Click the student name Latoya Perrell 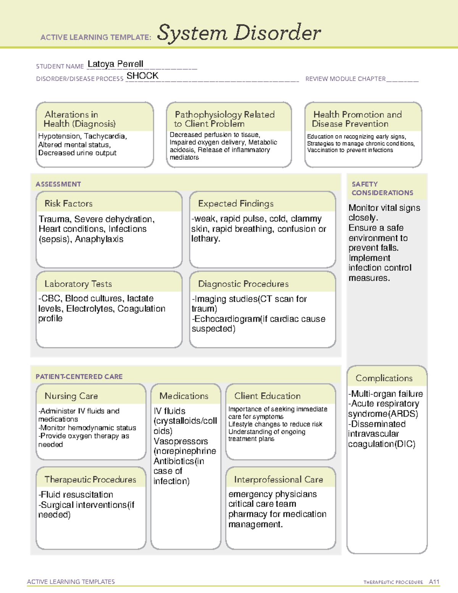point(115,64)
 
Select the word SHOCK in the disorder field point(142,76)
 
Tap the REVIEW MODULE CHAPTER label point(345,79)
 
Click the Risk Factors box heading point(68,204)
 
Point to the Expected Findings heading point(235,204)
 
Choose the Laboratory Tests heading point(78,284)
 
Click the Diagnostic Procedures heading point(243,284)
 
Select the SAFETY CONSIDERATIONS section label point(382,189)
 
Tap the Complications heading point(384,378)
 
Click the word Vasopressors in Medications point(181,441)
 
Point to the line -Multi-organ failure point(385,394)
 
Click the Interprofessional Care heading point(278,479)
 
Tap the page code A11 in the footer point(434,582)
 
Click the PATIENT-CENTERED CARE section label point(79,376)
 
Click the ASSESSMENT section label point(58,184)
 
